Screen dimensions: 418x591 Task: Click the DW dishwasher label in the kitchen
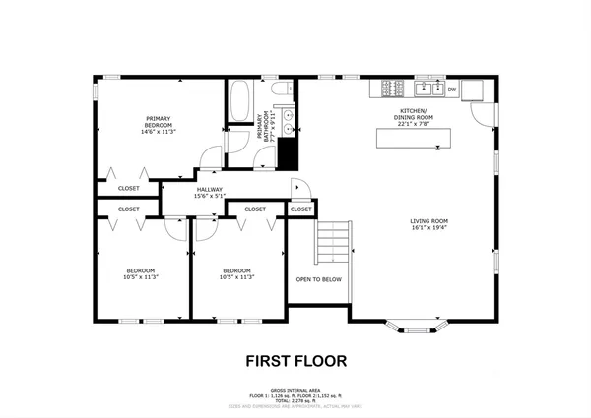coord(451,90)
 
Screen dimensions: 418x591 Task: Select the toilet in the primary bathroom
coord(281,93)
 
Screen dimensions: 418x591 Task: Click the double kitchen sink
coord(427,90)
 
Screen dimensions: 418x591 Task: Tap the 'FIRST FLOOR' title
coord(295,361)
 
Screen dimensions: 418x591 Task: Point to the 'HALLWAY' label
coord(209,189)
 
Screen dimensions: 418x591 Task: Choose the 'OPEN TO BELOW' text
coord(318,278)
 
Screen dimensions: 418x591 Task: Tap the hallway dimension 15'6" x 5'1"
coord(209,197)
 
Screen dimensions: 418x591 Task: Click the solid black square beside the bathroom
coord(287,152)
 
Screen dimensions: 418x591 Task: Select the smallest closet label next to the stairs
coord(300,209)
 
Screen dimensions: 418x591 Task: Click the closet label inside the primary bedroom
coord(129,188)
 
